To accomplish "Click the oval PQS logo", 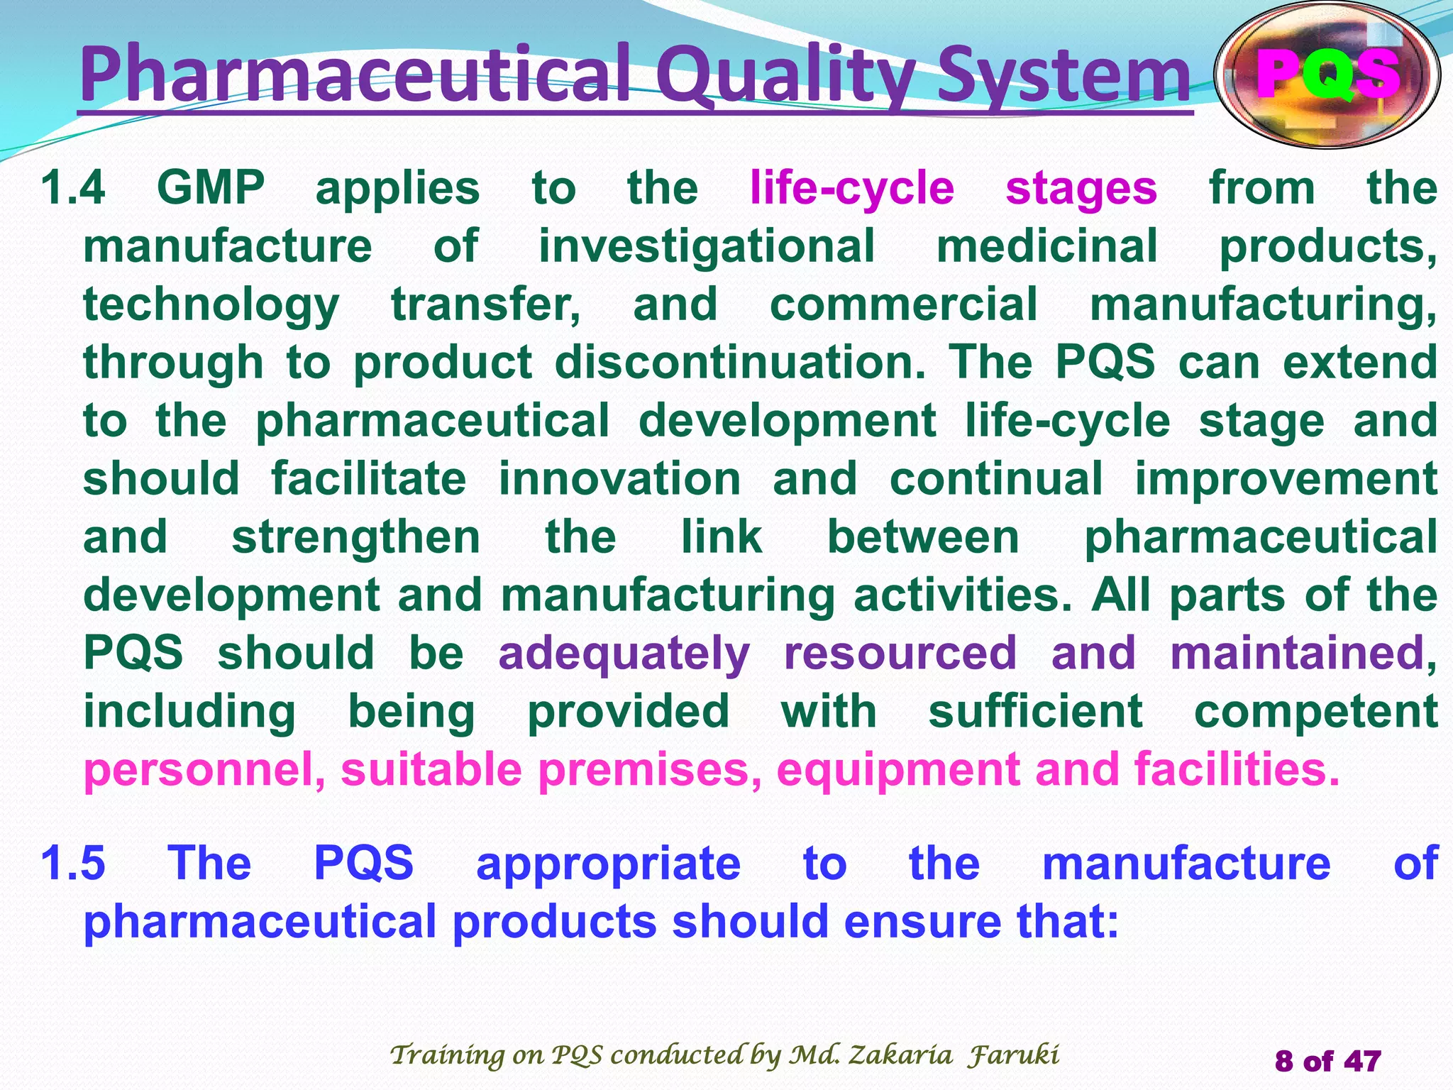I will click(x=1327, y=75).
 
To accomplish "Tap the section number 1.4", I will click(x=73, y=188).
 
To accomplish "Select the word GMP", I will click(x=211, y=188).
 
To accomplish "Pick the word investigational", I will click(x=707, y=246).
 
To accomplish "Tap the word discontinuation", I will click(x=740, y=362).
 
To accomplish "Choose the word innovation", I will click(x=619, y=478).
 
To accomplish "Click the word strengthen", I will click(x=356, y=536).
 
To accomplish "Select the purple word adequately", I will click(x=624, y=654).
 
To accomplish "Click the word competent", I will click(x=1316, y=711).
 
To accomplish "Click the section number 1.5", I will click(x=73, y=864).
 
